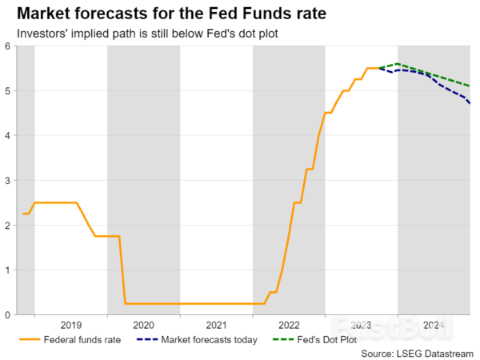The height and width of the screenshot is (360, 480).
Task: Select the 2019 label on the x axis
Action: coord(71,326)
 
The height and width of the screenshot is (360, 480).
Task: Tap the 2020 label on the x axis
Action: coord(144,326)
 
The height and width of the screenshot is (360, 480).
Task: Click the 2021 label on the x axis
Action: coord(216,326)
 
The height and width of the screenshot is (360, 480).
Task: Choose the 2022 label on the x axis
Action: coord(289,326)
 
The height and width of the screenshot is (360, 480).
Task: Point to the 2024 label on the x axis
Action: coord(434,326)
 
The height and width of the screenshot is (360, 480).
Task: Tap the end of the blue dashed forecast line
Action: coord(470,103)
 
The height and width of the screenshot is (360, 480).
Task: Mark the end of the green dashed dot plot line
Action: coord(470,86)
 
